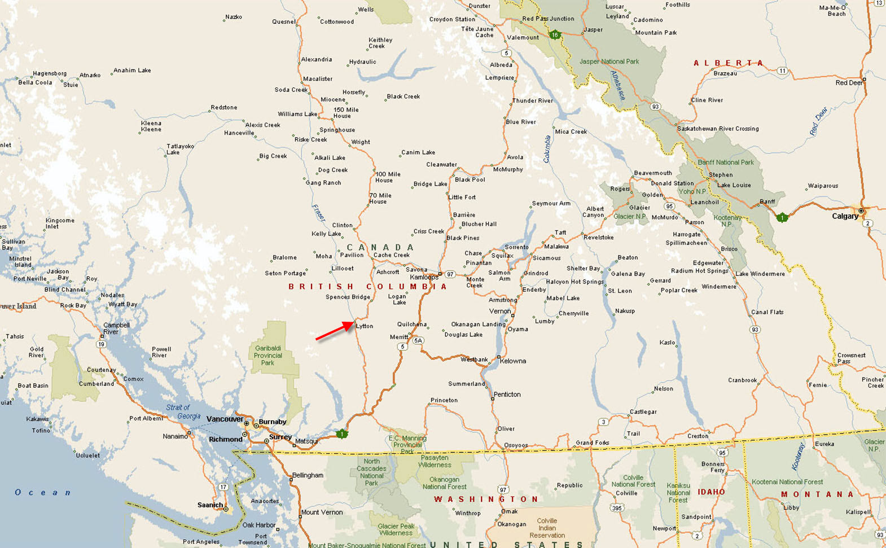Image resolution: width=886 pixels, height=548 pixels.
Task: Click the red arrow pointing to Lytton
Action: (335, 331)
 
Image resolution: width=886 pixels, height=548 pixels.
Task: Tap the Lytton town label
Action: (365, 326)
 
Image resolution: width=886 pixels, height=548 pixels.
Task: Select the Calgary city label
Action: (845, 216)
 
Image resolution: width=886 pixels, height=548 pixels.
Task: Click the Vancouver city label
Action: (225, 419)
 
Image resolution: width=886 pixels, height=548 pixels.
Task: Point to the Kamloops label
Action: (424, 277)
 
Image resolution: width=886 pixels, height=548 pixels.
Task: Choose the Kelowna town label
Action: (512, 361)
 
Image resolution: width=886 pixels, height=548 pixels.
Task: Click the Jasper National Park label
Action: (609, 62)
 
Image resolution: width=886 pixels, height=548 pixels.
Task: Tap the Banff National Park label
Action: (725, 163)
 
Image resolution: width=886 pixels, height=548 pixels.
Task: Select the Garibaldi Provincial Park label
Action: (267, 356)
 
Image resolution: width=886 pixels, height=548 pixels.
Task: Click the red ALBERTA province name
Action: (728, 63)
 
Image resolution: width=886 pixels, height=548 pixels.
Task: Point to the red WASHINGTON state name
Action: (486, 499)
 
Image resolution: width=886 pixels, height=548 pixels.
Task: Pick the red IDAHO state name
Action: (711, 492)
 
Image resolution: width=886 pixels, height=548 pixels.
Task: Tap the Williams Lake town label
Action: (297, 114)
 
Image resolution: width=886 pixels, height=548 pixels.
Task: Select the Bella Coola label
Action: (35, 82)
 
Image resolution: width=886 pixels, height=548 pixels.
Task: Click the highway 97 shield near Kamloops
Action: (450, 274)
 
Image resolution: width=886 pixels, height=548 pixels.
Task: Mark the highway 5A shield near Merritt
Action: (418, 341)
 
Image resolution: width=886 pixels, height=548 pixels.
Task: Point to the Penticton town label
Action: (507, 394)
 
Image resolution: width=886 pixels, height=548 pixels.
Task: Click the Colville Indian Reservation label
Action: (546, 528)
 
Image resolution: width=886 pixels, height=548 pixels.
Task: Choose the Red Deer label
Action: (849, 83)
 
